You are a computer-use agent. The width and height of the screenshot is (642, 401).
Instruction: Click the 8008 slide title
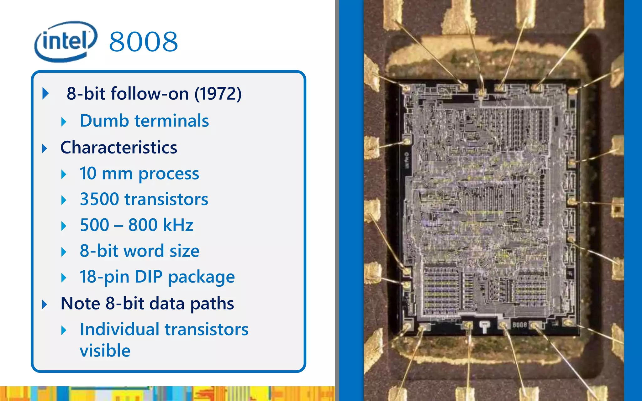coord(144,42)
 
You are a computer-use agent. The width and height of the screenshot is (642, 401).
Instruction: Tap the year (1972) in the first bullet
coord(218,93)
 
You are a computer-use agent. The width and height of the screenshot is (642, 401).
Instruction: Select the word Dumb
coord(104,121)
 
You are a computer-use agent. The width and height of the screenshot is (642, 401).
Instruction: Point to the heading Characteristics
coord(119,147)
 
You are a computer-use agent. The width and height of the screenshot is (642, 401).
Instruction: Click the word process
coord(169,174)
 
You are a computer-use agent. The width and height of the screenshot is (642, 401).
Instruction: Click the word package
coord(202,277)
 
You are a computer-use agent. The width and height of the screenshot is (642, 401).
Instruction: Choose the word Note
coord(81,303)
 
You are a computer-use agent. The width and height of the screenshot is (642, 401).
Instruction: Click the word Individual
coord(119,329)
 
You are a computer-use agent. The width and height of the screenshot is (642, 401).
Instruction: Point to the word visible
coord(105,350)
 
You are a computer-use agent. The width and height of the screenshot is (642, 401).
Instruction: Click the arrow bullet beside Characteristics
coord(45,148)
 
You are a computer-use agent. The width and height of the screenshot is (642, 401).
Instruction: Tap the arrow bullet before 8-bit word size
coord(64,252)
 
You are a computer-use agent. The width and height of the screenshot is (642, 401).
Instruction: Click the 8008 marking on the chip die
coord(519,325)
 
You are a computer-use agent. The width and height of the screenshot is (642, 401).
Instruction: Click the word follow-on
coord(150,93)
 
